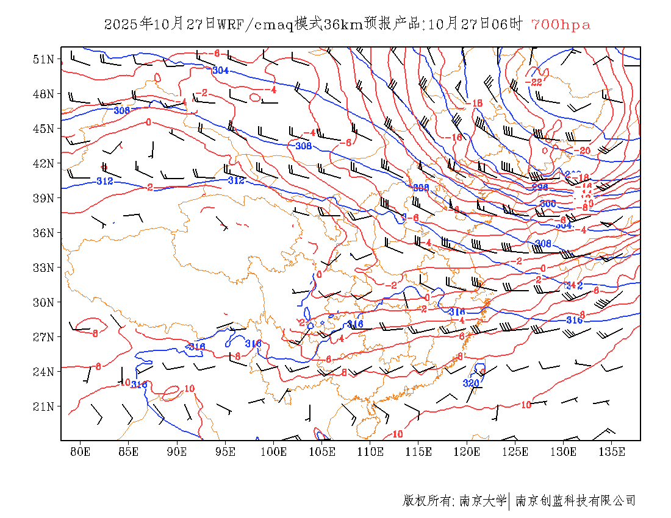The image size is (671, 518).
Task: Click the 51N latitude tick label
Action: (x=43, y=59)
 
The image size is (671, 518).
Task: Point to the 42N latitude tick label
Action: (x=43, y=163)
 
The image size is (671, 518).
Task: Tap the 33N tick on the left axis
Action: (x=43, y=268)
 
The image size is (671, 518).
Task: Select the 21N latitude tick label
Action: (x=43, y=406)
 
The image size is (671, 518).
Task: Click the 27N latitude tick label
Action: (x=43, y=337)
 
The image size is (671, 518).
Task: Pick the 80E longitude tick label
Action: (x=80, y=452)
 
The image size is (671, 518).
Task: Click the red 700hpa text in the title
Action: (x=561, y=24)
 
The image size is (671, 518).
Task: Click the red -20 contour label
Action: (x=582, y=151)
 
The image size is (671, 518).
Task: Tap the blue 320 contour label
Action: (x=471, y=383)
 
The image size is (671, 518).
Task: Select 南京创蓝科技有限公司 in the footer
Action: (x=575, y=501)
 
